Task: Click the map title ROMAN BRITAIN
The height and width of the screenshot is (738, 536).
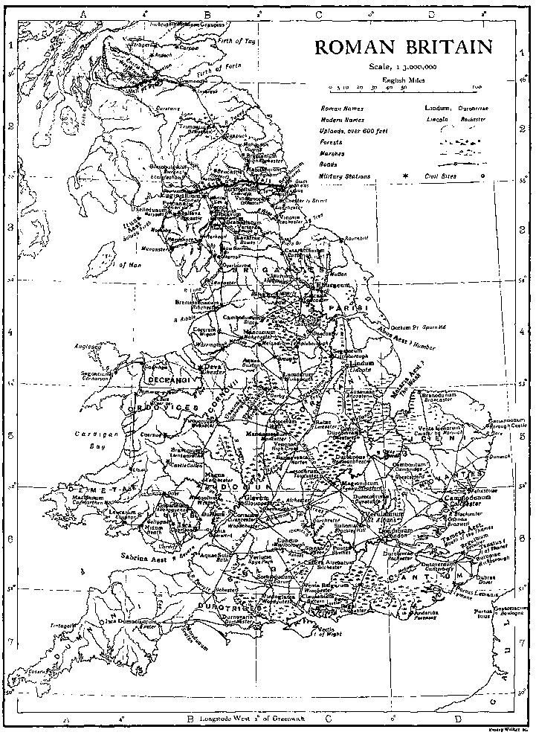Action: [x=404, y=47]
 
